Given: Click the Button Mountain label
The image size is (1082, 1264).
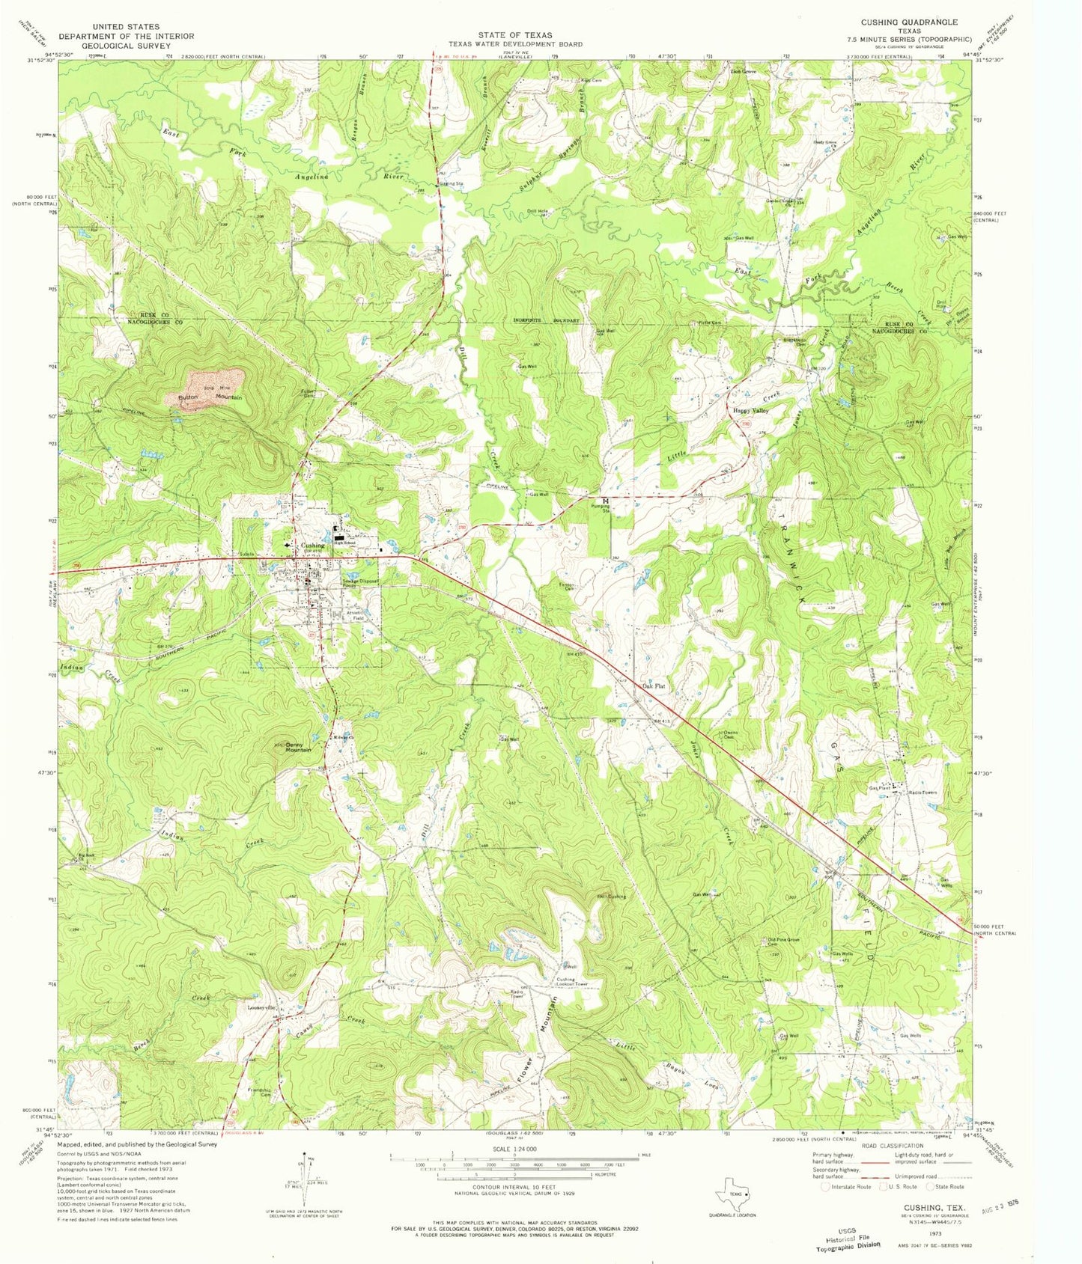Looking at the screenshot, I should pos(210,397).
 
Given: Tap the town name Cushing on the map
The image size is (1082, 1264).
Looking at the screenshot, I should pos(312,546).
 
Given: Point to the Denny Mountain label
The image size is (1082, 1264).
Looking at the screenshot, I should pos(297,747).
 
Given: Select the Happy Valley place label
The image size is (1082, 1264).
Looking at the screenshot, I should pos(750,411).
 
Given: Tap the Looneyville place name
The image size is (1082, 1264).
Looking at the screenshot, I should pos(263,1007).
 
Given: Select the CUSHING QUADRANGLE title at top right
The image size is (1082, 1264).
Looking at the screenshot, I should pos(908,22).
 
